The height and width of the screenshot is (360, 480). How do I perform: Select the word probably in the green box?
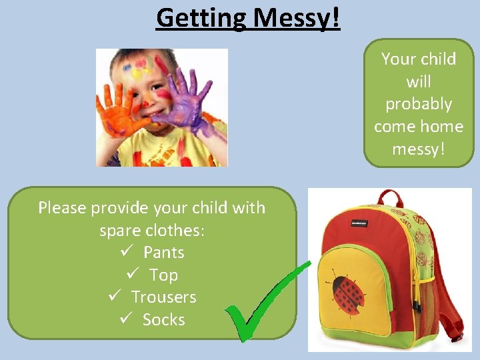tap(419, 104)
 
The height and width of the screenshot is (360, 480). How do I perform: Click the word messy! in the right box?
tap(419, 149)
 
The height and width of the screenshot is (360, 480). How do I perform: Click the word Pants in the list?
tap(164, 253)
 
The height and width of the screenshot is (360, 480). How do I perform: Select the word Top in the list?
tap(164, 275)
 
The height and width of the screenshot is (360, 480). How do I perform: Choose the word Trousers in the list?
tap(164, 297)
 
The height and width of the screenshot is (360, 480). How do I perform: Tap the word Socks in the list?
tap(164, 320)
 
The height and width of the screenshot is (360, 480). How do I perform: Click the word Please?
tap(62, 208)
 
